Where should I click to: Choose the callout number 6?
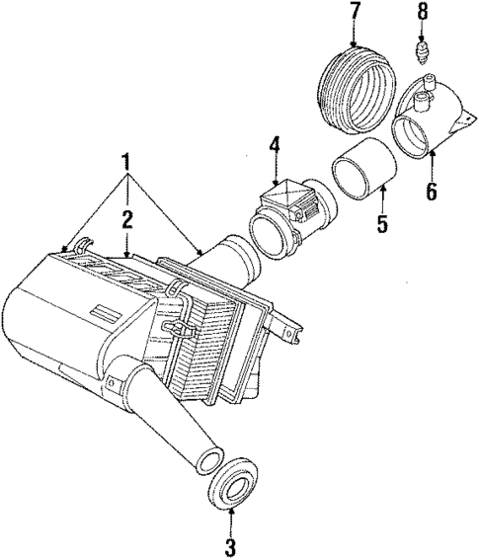tap(430, 192)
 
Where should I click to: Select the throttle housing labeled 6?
tap(425, 129)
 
